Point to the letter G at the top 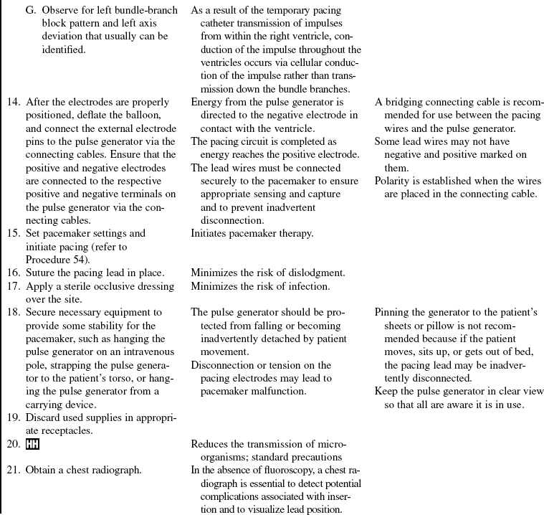point(29,11)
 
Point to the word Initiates point(211,233)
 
